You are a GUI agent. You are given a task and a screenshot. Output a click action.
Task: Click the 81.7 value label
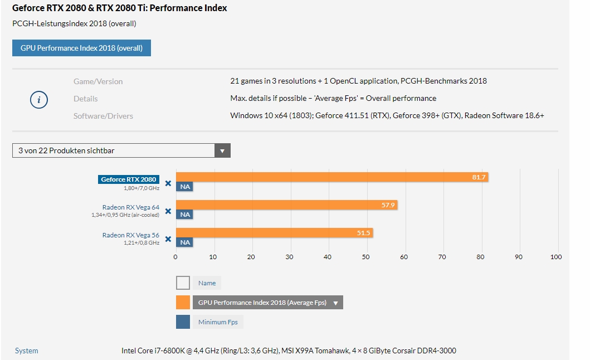pos(479,177)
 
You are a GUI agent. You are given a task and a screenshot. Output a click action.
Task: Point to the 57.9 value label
pos(388,205)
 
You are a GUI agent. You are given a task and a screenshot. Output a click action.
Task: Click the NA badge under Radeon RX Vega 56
pos(185,242)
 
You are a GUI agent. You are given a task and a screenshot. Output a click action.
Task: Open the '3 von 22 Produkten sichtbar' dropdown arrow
pos(222,150)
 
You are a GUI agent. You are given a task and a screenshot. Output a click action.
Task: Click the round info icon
pos(38,100)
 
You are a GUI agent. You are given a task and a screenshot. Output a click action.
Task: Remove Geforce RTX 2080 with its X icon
pos(168,183)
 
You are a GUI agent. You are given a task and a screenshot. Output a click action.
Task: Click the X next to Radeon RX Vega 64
pos(168,211)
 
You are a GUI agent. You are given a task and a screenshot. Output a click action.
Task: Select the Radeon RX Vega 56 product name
pos(130,235)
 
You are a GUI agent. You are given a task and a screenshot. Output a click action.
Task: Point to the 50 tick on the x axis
pos(365,257)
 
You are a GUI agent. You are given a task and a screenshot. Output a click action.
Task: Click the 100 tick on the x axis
pos(555,257)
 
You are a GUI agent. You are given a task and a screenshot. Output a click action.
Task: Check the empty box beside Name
pos(183,283)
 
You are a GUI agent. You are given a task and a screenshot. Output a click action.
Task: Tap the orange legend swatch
pos(183,303)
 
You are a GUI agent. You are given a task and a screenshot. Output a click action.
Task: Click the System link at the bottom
pos(27,351)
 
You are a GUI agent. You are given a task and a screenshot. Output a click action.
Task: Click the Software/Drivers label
pos(103,116)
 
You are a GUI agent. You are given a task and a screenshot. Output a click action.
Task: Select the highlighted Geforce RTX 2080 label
pos(129,179)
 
